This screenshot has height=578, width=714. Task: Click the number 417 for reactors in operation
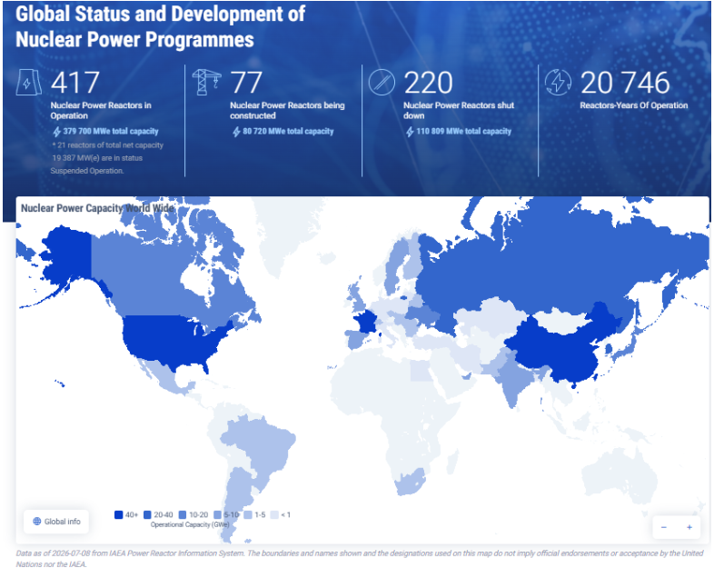tap(75, 83)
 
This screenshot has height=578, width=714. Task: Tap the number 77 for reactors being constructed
tap(246, 83)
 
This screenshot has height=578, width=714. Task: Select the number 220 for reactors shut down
tap(428, 83)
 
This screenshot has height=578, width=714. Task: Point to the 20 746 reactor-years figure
tap(625, 83)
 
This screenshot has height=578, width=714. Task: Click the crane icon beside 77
tap(206, 82)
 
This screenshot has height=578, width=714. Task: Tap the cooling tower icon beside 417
tap(29, 82)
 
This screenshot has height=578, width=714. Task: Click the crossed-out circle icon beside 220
tap(382, 82)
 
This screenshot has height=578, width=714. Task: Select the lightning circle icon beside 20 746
tap(558, 82)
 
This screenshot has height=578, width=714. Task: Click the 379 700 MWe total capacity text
tap(111, 131)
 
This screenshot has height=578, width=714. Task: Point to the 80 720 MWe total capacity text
tap(288, 131)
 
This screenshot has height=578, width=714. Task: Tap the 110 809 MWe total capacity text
tap(463, 131)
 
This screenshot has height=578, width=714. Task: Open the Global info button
tap(56, 522)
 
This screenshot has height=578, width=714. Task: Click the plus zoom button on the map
tap(689, 527)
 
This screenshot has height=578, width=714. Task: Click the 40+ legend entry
tap(126, 514)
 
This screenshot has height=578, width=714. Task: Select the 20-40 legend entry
tap(158, 514)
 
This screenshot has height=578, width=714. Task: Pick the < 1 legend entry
tap(281, 514)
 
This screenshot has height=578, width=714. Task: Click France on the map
tap(365, 322)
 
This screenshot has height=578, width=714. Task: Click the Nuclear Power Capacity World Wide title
tap(97, 208)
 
